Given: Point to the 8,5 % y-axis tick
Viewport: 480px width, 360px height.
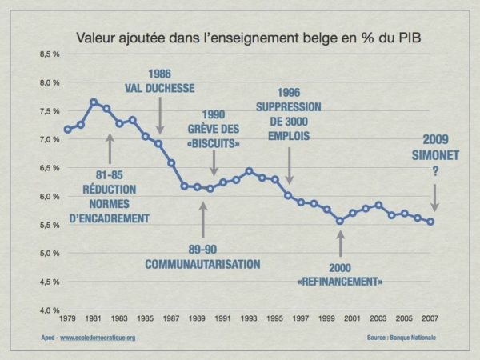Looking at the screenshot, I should [x=51, y=54].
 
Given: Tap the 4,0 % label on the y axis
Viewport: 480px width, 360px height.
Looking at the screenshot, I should [x=51, y=310].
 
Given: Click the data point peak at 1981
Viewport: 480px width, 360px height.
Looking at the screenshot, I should [x=94, y=102].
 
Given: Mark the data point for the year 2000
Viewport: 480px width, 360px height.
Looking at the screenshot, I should [x=340, y=221].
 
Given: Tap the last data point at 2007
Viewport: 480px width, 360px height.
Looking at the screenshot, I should [x=430, y=222].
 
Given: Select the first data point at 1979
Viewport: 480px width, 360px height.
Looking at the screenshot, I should [x=68, y=129].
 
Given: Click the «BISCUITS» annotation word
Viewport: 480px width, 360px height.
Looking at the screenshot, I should [x=214, y=144].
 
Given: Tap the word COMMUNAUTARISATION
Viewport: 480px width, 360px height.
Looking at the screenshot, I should [x=202, y=263].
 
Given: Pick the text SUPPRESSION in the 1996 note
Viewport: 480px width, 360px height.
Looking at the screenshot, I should [x=289, y=106].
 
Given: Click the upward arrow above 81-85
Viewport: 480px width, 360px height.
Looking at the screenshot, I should [x=110, y=148].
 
